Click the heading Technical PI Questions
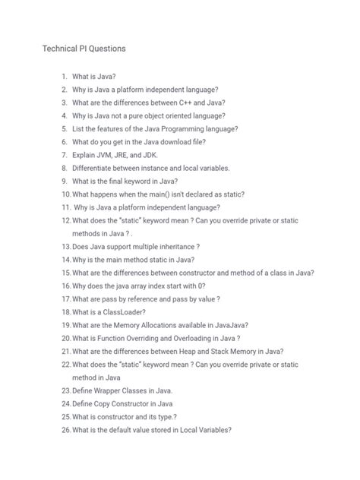(x=84, y=49)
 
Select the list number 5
(x=65, y=128)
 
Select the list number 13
(x=65, y=246)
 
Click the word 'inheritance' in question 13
(x=172, y=246)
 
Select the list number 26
(x=65, y=429)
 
